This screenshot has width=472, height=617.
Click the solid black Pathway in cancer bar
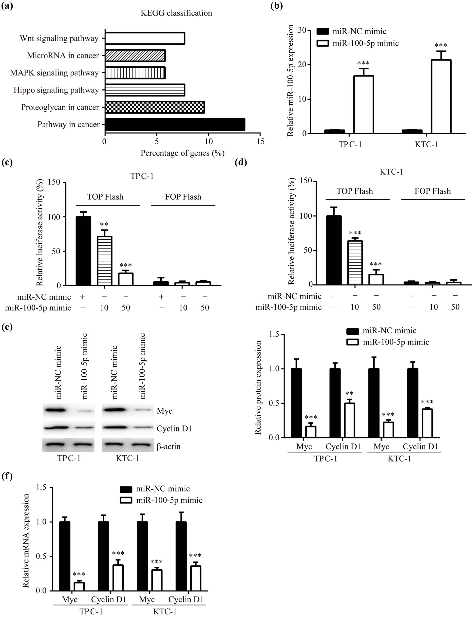click(175, 124)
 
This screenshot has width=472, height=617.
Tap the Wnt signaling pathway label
click(59, 39)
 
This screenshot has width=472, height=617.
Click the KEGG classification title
click(176, 13)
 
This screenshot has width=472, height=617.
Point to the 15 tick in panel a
click(261, 141)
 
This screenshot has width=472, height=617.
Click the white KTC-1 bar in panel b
click(441, 97)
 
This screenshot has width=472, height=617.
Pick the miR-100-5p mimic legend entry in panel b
click(365, 43)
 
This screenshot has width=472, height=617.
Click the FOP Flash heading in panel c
click(183, 197)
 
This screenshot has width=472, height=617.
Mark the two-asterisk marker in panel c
click(104, 225)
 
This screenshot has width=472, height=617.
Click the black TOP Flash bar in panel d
click(334, 250)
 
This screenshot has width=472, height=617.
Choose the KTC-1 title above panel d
click(391, 172)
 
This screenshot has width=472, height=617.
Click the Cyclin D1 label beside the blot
click(174, 428)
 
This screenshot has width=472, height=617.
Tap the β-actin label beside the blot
click(169, 446)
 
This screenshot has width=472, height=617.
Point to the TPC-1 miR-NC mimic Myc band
click(56, 410)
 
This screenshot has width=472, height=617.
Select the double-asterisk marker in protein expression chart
click(350, 394)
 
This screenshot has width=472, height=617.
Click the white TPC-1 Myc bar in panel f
click(79, 586)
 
